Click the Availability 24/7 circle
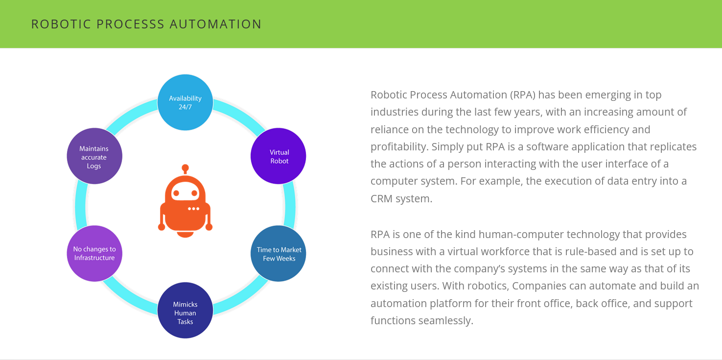pos(185,102)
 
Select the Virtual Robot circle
pos(279,156)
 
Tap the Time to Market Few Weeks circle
pos(279,254)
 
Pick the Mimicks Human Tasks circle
pos(185,310)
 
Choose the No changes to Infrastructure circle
pos(94,253)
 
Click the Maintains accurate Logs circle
pos(94,156)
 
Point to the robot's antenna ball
pos(185,168)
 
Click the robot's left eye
pos(176,193)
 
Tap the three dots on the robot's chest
pos(194,209)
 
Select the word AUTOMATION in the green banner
pos(215,24)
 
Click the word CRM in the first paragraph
pos(382,198)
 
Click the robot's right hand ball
pos(209,227)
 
